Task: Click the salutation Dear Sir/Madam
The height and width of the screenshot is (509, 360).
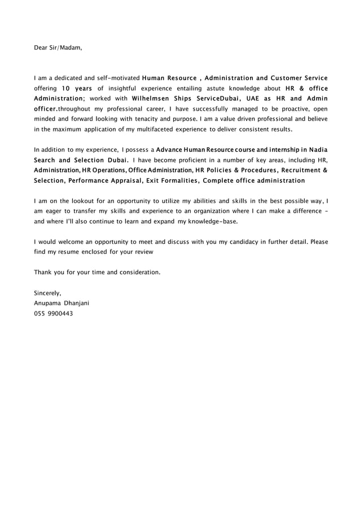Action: pos(58,47)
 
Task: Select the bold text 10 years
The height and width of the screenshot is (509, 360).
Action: pos(76,88)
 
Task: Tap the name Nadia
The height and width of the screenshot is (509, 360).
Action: pos(315,150)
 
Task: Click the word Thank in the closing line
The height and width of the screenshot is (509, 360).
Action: pos(43,272)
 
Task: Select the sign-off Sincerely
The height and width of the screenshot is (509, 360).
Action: pos(47,293)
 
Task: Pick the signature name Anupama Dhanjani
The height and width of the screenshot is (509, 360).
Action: pos(62,303)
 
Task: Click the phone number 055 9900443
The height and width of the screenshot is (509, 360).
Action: pos(53,313)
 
